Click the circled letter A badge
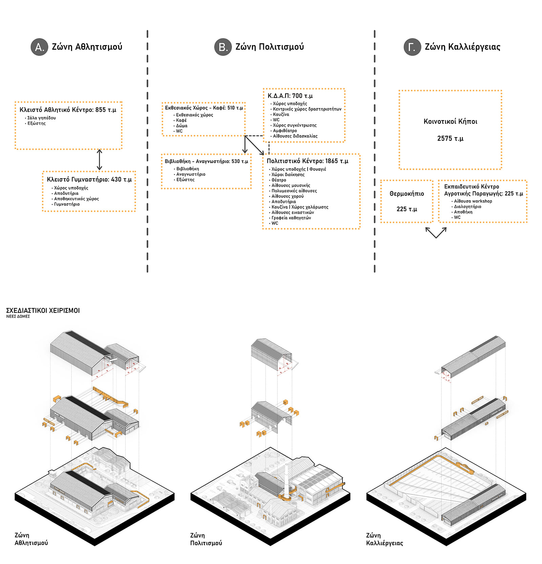(x=39, y=47)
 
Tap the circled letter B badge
(x=223, y=47)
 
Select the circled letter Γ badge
(x=412, y=47)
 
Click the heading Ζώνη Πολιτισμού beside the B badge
(x=269, y=47)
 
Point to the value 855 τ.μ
(x=106, y=110)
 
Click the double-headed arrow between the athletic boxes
(x=99, y=160)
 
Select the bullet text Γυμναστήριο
(x=67, y=204)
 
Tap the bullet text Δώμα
(x=182, y=126)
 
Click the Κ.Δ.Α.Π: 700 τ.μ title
(x=290, y=96)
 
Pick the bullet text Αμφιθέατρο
(x=285, y=131)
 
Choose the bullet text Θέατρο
(x=279, y=180)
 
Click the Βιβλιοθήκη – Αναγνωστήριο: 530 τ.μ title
(x=206, y=162)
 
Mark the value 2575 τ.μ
(x=450, y=139)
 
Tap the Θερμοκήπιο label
(x=406, y=194)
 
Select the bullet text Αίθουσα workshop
(x=473, y=201)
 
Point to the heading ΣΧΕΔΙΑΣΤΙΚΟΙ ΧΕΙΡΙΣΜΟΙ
(x=43, y=311)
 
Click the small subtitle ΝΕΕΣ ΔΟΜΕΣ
(x=18, y=316)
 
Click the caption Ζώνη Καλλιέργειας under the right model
(x=384, y=539)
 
